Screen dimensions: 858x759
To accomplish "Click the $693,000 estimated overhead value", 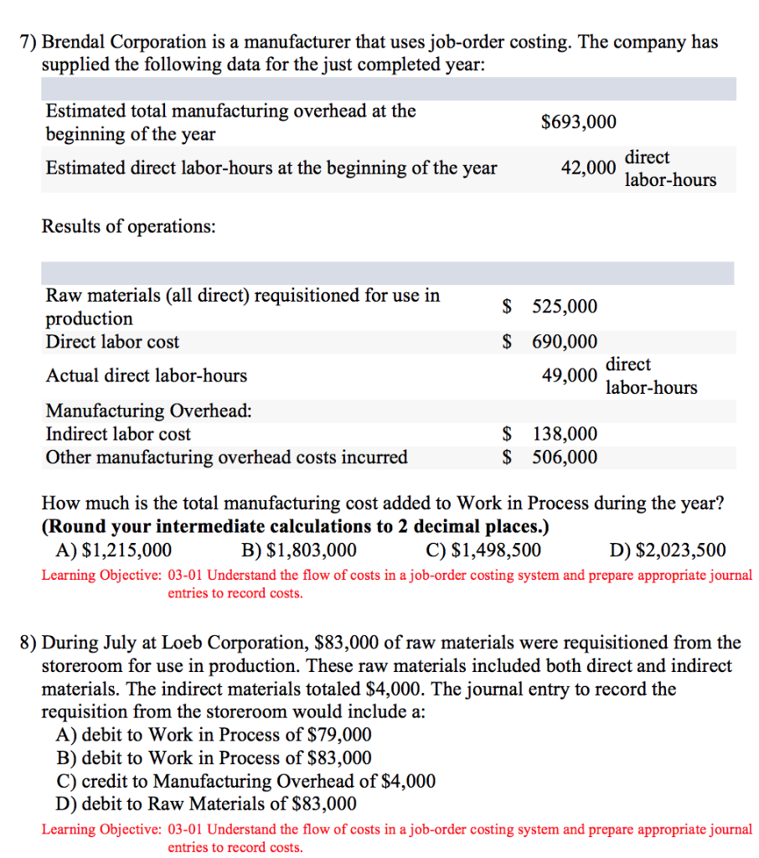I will (x=579, y=122).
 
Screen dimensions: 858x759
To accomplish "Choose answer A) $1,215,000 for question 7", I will (x=113, y=550).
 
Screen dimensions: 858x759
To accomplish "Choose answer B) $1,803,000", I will (x=298, y=550).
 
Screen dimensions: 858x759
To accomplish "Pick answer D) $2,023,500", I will (x=668, y=550).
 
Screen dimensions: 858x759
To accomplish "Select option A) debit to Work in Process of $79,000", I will (x=214, y=735).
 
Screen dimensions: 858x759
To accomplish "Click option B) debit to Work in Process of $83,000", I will (x=214, y=758).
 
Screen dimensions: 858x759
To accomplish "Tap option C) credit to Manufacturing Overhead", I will (x=246, y=781).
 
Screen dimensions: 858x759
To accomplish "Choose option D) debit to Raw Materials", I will (x=206, y=804).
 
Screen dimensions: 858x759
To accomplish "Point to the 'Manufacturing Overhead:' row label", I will (x=148, y=411).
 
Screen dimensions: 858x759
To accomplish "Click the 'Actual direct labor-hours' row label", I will (x=146, y=376).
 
